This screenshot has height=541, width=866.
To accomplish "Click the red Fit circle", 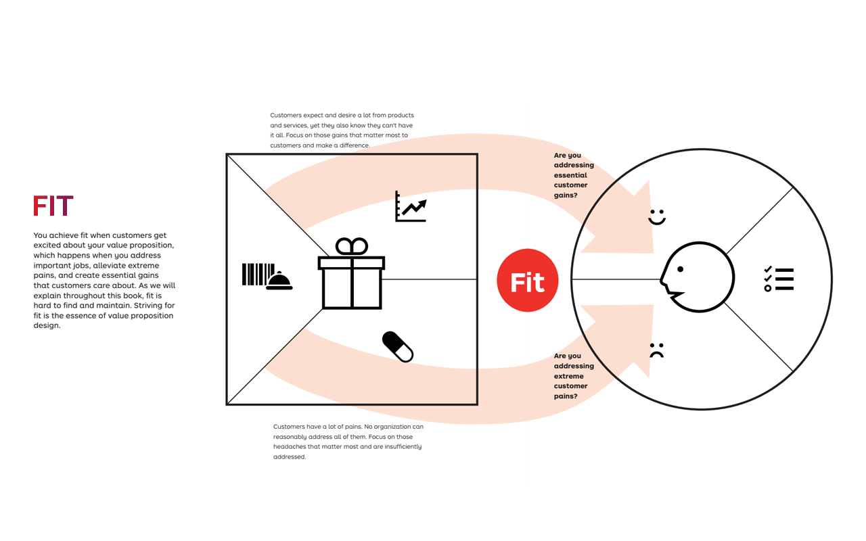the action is [x=527, y=281].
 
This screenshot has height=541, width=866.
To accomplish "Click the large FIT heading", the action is [x=53, y=206].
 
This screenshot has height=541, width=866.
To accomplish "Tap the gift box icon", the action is [x=352, y=281].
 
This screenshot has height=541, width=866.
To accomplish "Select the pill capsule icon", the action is [x=398, y=347].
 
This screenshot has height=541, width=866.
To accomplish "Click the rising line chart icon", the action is [x=411, y=206].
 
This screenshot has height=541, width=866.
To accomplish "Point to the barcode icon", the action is [x=257, y=274].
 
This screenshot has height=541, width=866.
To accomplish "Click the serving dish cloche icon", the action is [x=279, y=281].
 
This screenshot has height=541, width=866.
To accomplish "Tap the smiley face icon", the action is [x=657, y=217].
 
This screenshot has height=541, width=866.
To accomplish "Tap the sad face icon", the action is [x=656, y=350].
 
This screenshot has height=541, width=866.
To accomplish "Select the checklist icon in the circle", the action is [x=779, y=279].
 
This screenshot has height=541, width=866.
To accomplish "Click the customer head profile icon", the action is [x=697, y=277].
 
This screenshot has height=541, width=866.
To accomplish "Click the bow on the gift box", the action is [x=352, y=247].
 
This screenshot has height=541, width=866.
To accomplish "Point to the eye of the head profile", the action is [x=680, y=269].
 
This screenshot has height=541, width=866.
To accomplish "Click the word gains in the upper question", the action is [x=565, y=195].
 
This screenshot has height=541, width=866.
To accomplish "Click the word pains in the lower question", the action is [x=566, y=396].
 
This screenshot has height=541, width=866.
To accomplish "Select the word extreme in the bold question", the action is [x=568, y=376].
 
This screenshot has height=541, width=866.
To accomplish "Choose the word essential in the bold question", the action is [x=570, y=175].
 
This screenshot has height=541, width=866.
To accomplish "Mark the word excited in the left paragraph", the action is [x=48, y=245].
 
